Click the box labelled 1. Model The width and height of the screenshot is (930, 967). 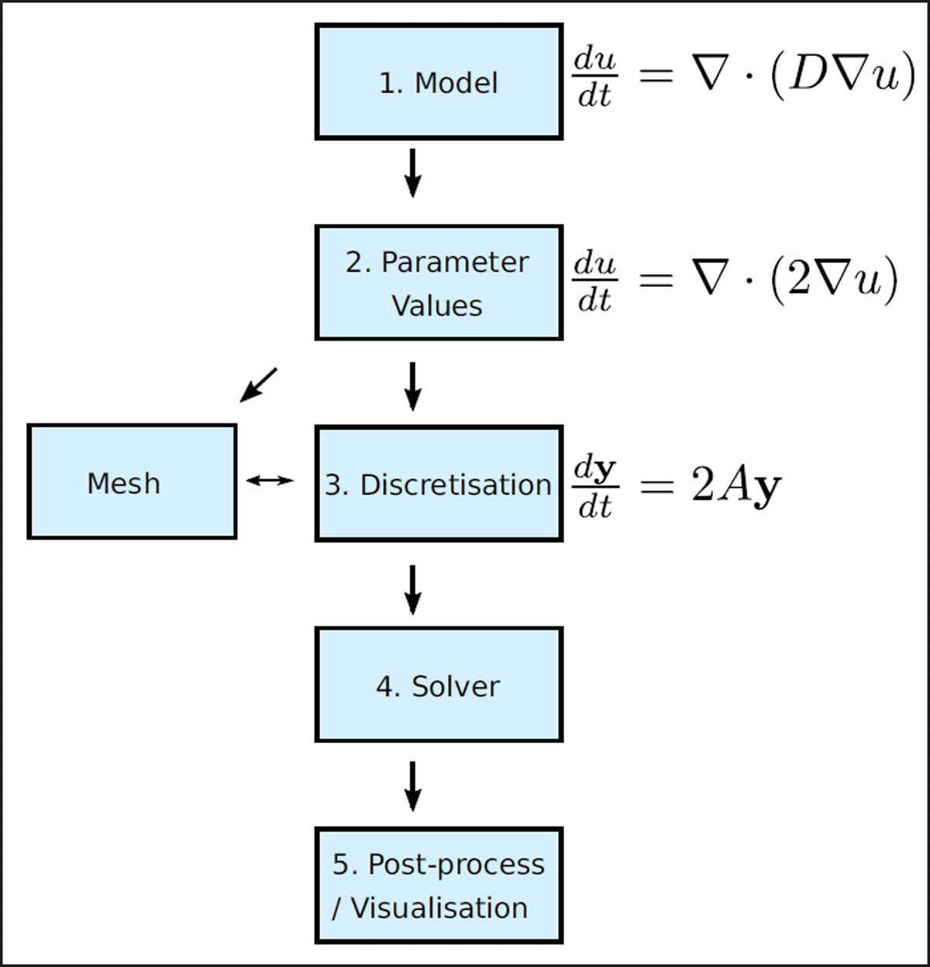[439, 82]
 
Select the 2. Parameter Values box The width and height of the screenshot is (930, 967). [439, 283]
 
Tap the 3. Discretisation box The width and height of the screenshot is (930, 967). [439, 483]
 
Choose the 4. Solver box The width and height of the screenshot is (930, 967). [439, 685]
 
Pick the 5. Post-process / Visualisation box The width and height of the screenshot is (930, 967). [439, 886]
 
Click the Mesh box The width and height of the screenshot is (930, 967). [132, 482]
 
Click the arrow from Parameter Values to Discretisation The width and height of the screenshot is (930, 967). [413, 385]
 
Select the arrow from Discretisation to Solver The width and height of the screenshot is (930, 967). [413, 589]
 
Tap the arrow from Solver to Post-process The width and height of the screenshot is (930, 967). [413, 786]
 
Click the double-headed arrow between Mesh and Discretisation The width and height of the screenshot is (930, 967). [270, 480]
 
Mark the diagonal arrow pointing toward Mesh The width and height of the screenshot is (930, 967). [258, 384]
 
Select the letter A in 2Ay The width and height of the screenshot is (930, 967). [733, 487]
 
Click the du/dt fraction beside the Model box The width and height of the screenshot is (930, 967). [594, 77]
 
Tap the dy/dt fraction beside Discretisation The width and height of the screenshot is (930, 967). [594, 487]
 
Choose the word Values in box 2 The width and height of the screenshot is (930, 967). [437, 305]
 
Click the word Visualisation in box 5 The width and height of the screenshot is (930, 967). [439, 907]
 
